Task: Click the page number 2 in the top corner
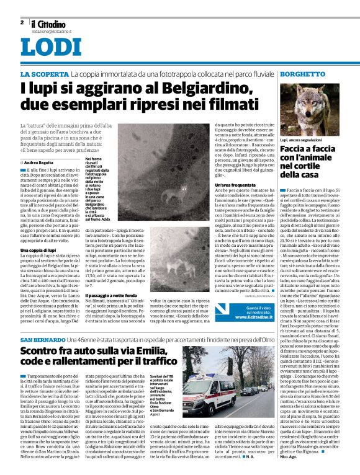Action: (x=22, y=22)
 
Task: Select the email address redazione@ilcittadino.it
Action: (x=53, y=30)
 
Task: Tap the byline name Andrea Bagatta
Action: (x=38, y=162)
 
